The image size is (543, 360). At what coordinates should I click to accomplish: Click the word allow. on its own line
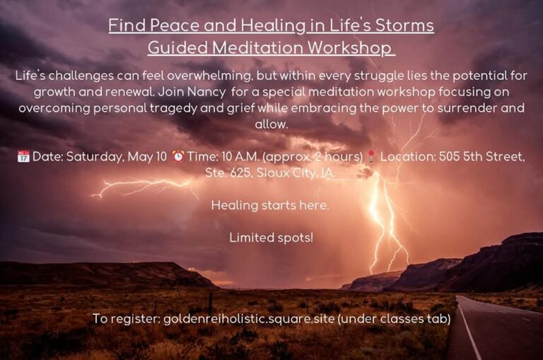(271, 124)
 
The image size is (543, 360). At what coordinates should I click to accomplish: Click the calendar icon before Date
(23, 156)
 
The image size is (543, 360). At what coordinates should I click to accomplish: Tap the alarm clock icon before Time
(178, 156)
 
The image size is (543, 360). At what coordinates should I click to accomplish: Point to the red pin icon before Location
(371, 156)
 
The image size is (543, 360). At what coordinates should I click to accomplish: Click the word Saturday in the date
(95, 156)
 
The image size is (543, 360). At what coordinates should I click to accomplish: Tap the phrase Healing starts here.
(270, 205)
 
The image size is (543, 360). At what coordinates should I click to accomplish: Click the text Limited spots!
(271, 238)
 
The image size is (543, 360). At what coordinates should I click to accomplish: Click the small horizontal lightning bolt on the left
(142, 187)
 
